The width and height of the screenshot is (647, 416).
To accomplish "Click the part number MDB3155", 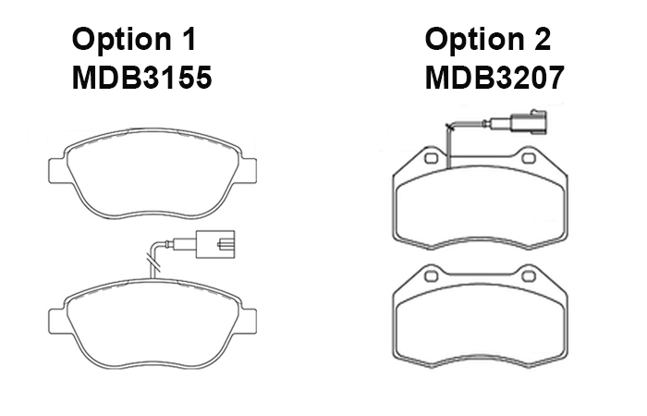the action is [x=142, y=78].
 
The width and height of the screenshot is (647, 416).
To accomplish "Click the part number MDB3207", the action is [x=494, y=78].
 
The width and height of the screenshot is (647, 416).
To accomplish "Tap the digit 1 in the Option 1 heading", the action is [x=189, y=39].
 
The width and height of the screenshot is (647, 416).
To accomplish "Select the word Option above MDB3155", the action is [x=122, y=40].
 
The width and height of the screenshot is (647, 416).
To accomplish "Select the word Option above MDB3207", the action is [x=474, y=40].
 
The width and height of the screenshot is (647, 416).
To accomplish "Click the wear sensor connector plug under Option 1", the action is [x=215, y=244].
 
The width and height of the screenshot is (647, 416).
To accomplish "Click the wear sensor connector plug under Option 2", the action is [x=530, y=122].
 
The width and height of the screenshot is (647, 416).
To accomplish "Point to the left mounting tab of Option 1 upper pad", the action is [x=57, y=170].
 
